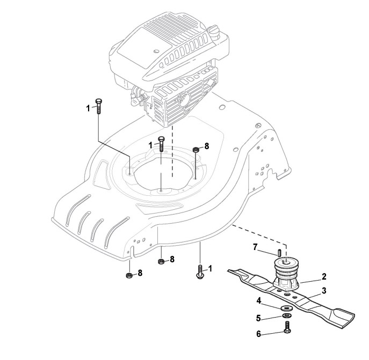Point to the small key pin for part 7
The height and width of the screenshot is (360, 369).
click(279, 252)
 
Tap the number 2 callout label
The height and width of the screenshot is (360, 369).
click(324, 277)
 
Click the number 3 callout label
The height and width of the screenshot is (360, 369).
click(324, 291)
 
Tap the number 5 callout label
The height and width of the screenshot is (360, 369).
click(258, 317)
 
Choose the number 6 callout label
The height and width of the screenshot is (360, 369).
click(258, 334)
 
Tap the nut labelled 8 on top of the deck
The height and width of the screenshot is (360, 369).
click(197, 149)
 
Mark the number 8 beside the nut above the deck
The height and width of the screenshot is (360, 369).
click(207, 145)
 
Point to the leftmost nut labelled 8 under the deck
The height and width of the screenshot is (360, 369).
click(129, 276)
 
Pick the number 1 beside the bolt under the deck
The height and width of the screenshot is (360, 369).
click(211, 268)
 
